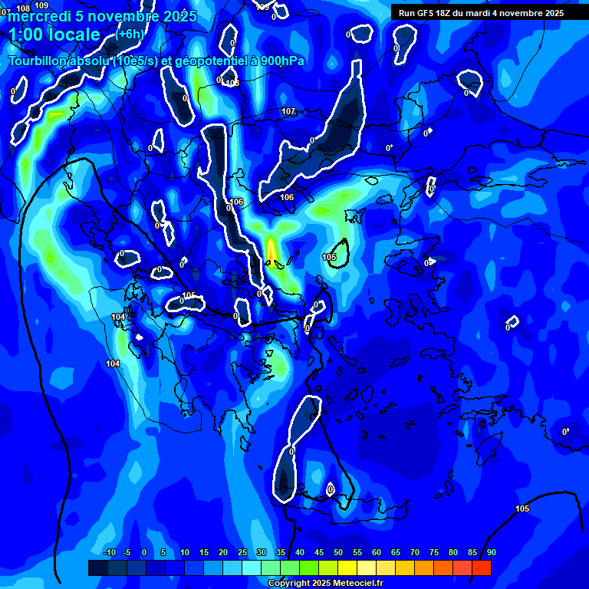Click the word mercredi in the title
pyautogui.click(x=38, y=16)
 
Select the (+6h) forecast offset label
pyautogui.click(x=130, y=34)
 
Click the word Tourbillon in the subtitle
pyautogui.click(x=38, y=61)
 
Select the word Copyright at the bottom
pyautogui.click(x=288, y=584)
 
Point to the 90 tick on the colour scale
pyautogui.click(x=491, y=553)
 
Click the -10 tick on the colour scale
pyautogui.click(x=109, y=553)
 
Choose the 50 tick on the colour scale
pyautogui.click(x=338, y=553)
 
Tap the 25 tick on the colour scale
pyautogui.click(x=242, y=553)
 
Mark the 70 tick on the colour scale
pyautogui.click(x=415, y=553)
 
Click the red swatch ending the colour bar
pyautogui.click(x=481, y=568)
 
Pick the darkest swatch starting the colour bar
pyautogui.click(x=97, y=568)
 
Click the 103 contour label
pyautogui.click(x=232, y=83)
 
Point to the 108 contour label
pyautogui.click(x=23, y=8)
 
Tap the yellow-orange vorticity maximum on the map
pyautogui.click(x=271, y=249)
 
